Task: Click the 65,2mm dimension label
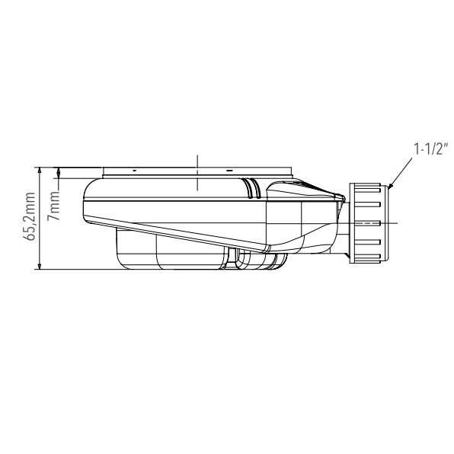(29, 216)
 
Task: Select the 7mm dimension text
(54, 206)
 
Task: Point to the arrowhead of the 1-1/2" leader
(390, 187)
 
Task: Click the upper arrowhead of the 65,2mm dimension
(40, 171)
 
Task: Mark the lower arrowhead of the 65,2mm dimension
(40, 266)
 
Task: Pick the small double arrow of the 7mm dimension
(59, 173)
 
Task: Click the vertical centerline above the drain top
(197, 173)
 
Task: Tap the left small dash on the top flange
(134, 171)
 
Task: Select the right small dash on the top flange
(229, 171)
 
